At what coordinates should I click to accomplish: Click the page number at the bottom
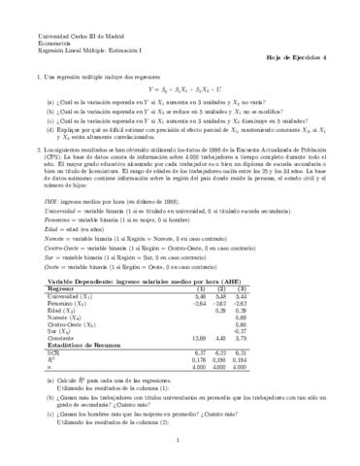click(180, 438)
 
